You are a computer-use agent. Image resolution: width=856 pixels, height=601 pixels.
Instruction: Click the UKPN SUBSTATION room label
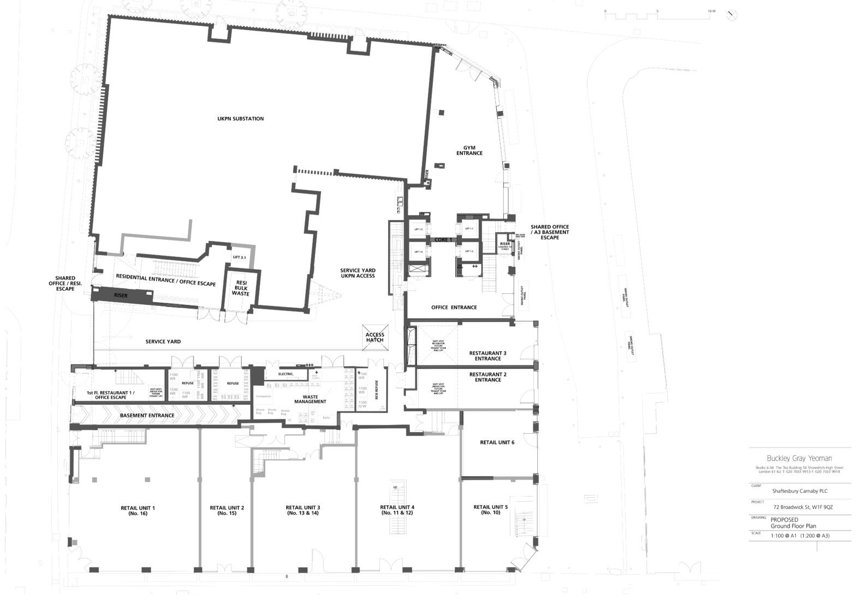(240, 119)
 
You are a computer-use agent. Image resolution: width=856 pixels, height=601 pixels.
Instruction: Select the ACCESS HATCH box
(374, 338)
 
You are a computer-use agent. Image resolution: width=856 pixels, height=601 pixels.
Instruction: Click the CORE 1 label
(443, 240)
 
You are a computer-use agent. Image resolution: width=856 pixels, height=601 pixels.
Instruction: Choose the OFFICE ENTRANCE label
(454, 308)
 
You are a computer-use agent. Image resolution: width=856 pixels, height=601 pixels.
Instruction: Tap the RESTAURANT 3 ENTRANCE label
(488, 356)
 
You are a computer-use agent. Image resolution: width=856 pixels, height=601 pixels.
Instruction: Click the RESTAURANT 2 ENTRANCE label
(488, 377)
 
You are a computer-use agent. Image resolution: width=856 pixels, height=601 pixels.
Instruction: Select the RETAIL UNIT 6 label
(497, 443)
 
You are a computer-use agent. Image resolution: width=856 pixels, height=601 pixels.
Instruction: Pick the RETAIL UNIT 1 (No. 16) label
(138, 511)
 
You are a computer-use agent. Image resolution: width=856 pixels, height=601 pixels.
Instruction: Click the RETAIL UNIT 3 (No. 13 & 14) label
(302, 510)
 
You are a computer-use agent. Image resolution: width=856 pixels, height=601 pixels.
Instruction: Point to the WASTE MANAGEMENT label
(310, 399)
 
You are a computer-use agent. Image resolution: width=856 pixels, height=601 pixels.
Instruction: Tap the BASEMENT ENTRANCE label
(147, 415)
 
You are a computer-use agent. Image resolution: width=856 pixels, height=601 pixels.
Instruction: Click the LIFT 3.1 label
(240, 257)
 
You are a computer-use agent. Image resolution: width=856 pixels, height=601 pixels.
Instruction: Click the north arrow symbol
(734, 16)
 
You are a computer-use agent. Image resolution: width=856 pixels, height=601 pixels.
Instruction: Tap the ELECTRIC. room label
(286, 374)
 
